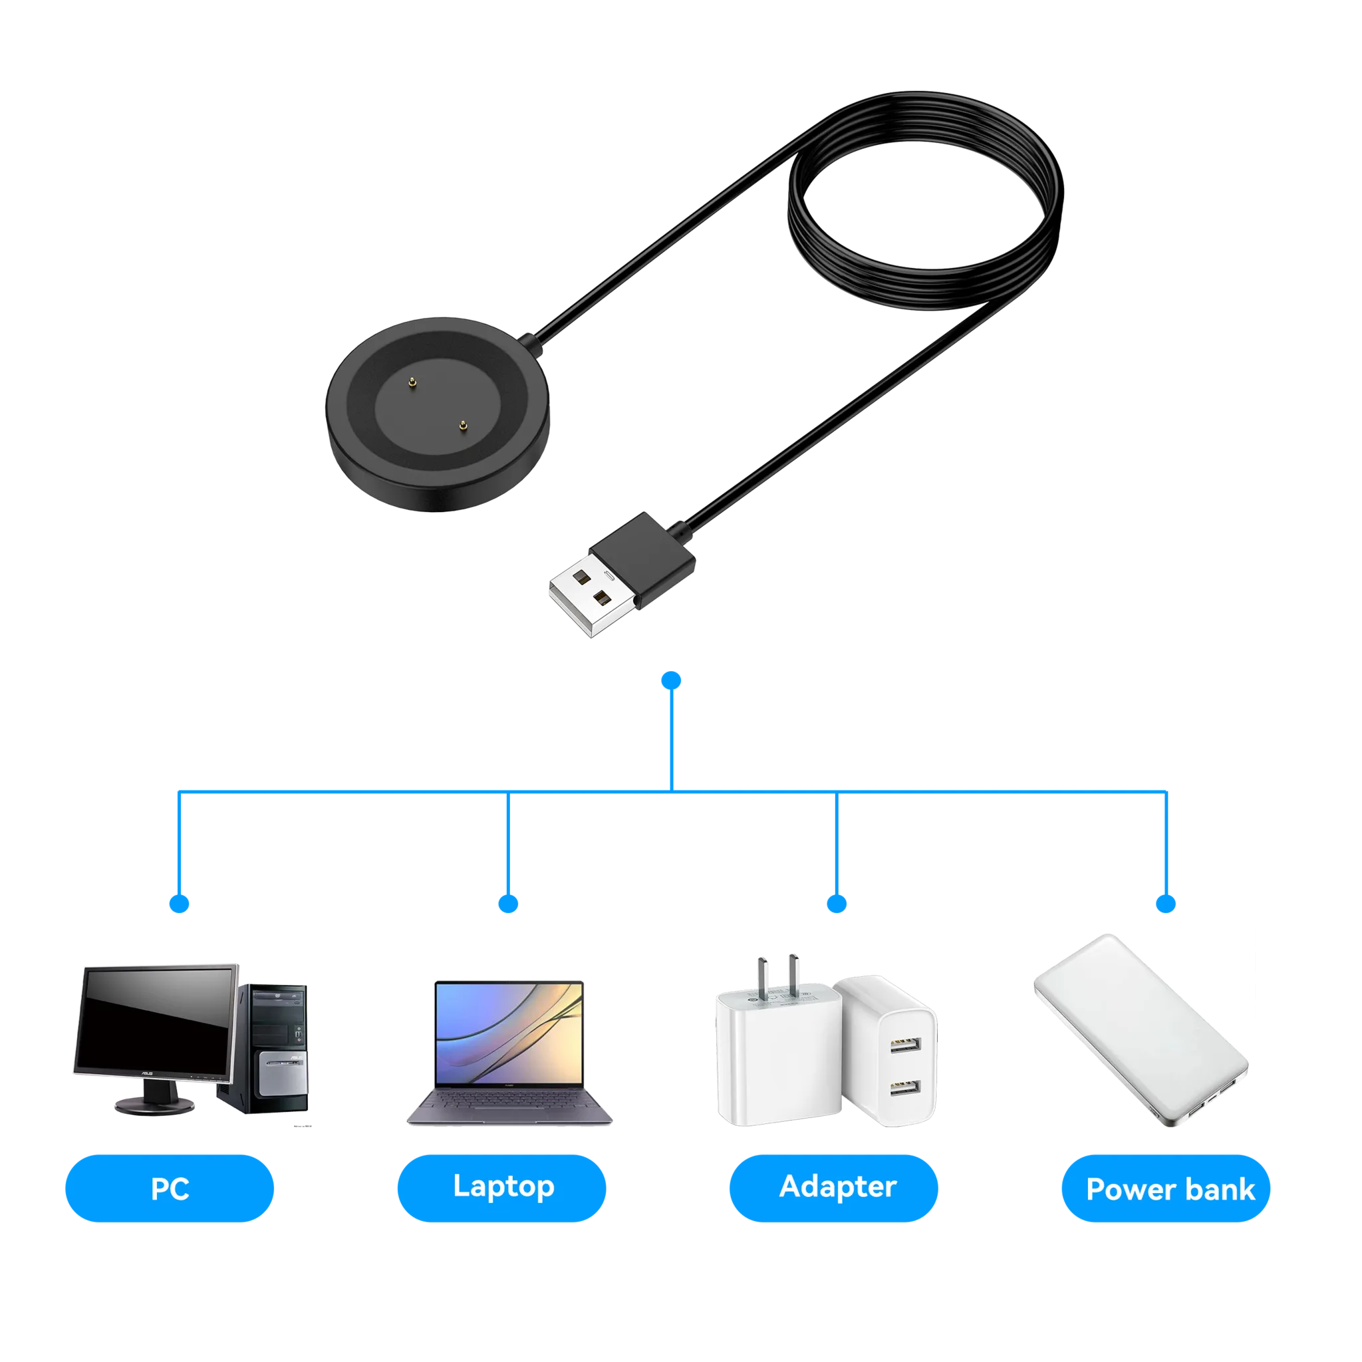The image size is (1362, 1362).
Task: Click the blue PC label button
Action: tap(169, 1188)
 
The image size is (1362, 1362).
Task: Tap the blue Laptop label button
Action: tap(502, 1188)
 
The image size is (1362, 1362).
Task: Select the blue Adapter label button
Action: tap(834, 1188)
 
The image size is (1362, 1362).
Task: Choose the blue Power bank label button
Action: tap(1166, 1188)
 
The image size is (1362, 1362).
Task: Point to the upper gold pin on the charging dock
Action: tap(412, 383)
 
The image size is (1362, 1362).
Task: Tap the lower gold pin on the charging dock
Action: tap(462, 424)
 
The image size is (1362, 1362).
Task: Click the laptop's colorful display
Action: tap(509, 1033)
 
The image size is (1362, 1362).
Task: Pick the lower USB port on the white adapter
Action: tap(904, 1088)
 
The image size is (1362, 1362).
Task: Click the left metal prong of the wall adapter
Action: tap(763, 977)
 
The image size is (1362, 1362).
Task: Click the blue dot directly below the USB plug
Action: tap(671, 680)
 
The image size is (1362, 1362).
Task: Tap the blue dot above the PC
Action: tap(179, 904)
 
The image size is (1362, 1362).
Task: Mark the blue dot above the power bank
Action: tap(1166, 904)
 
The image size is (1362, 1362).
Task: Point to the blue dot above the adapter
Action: tap(837, 904)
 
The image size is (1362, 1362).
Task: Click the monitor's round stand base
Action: tap(154, 1105)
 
